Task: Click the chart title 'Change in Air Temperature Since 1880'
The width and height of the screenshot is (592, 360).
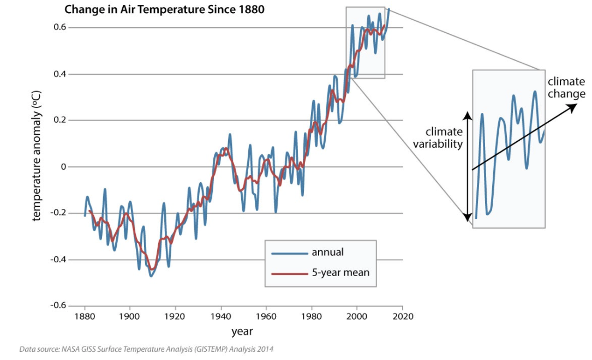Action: click(164, 9)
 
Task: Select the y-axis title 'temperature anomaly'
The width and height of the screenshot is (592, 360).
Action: click(37, 157)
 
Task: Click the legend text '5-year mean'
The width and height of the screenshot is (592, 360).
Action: click(340, 272)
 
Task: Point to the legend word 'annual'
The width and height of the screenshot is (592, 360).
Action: click(327, 252)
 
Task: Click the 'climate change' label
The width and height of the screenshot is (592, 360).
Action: click(566, 87)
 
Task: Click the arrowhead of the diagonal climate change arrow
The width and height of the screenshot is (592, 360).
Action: click(575, 105)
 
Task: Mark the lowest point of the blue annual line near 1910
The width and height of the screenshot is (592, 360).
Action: click(151, 276)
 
